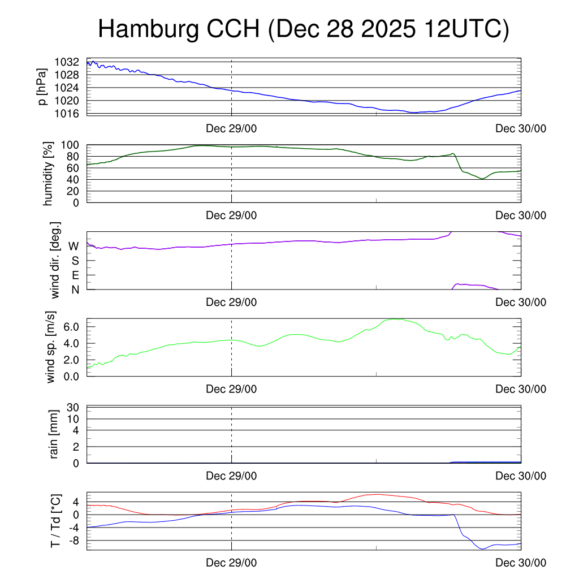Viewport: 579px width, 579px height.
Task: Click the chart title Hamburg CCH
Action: click(304, 29)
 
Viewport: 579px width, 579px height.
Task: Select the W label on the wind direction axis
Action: click(74, 247)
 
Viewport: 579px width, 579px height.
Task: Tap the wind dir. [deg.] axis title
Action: click(55, 261)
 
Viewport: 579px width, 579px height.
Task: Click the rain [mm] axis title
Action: click(55, 435)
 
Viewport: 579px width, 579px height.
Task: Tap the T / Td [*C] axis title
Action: click(55, 520)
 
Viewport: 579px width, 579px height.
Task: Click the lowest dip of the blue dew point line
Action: click(482, 548)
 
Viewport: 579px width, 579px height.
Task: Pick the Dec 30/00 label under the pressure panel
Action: click(521, 128)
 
